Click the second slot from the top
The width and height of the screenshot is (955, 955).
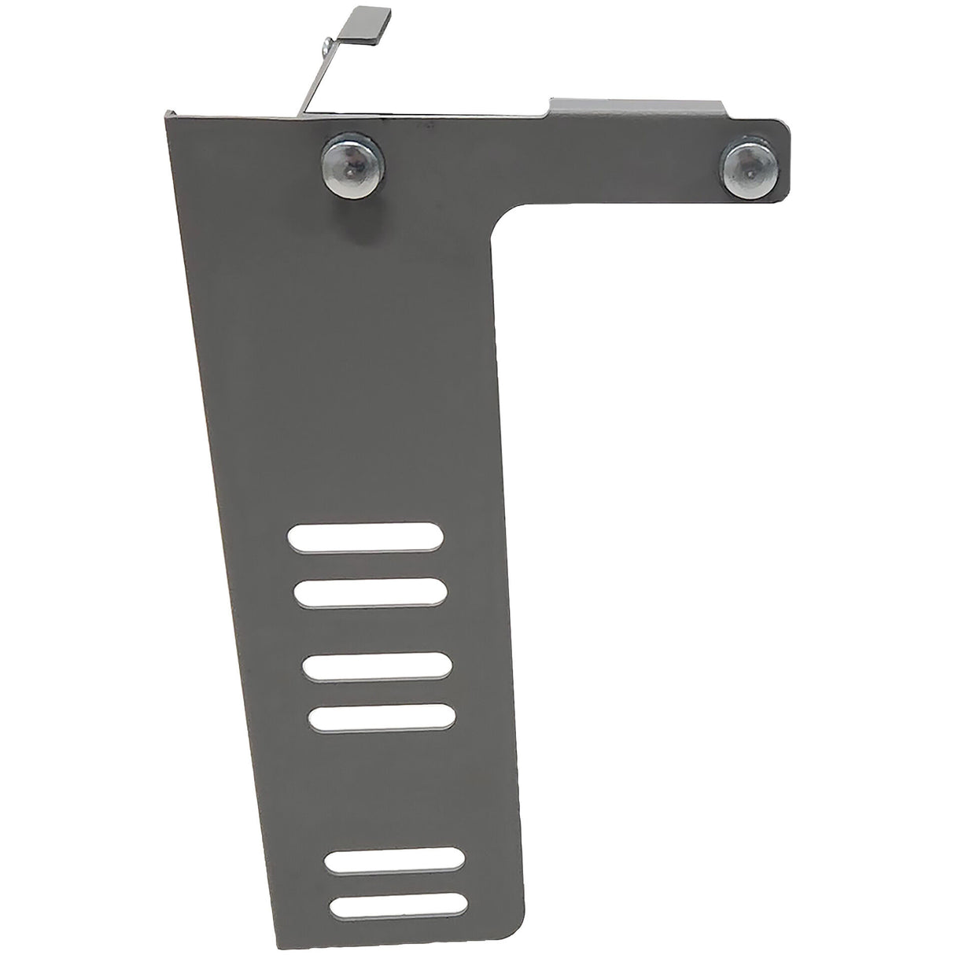coord(371,592)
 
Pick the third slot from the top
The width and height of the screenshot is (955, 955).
coord(377,667)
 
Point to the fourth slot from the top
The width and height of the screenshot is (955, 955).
coord(382,717)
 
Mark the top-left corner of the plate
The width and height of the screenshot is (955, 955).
coord(168,115)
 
